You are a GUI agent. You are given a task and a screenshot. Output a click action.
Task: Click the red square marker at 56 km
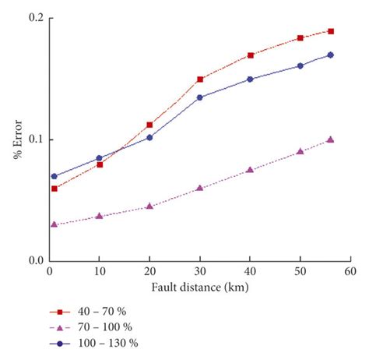pos(331,31)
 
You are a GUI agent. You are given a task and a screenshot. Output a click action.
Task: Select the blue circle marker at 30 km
pos(200,97)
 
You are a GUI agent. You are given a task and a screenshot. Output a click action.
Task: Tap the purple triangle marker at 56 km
pos(331,139)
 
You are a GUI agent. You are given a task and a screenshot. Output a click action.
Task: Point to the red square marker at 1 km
pos(54,189)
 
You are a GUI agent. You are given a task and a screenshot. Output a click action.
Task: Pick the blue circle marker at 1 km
pos(54,176)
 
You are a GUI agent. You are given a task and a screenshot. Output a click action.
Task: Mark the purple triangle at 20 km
pos(149,206)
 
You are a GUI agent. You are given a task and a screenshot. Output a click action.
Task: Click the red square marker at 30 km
pos(200,79)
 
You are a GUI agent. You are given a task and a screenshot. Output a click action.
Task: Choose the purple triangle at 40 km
pos(251,170)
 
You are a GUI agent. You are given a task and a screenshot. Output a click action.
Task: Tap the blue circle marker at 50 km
pos(300,65)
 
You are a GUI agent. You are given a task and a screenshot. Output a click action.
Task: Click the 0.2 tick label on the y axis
pos(33,18)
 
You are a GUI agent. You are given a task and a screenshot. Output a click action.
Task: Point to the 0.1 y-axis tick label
pos(33,139)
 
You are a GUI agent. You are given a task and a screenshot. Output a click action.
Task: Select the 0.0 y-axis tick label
pos(33,262)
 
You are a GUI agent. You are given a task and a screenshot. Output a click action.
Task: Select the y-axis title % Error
pos(16,140)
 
